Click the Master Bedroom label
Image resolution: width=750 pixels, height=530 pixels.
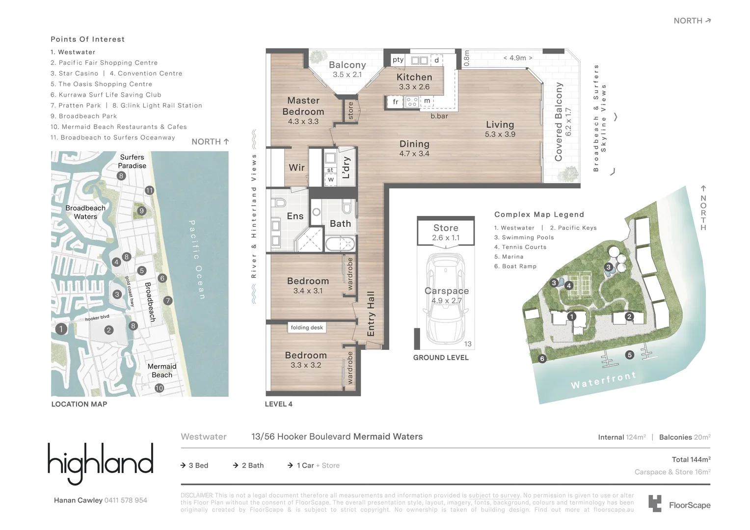303,106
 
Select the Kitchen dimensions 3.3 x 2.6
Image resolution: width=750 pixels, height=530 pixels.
414,87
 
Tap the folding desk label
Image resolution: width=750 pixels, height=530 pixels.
307,327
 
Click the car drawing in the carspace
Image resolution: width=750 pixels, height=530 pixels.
445,299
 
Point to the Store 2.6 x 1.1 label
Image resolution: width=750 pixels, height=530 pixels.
446,232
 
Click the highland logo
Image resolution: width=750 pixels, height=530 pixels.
101,463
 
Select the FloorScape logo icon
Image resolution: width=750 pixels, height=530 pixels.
655,503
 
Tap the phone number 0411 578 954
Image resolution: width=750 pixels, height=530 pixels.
126,500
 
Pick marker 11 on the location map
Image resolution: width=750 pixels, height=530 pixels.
149,190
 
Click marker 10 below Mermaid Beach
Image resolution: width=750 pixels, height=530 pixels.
159,388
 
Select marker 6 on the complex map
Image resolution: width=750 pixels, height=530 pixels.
542,359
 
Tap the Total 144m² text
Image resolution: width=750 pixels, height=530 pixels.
691,459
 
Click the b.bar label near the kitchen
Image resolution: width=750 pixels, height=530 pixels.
439,116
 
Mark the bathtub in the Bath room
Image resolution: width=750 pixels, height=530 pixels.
340,243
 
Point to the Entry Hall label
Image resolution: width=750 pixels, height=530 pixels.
371,314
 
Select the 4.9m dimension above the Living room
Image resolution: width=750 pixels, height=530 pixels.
517,58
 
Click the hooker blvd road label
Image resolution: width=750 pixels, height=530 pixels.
97,318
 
